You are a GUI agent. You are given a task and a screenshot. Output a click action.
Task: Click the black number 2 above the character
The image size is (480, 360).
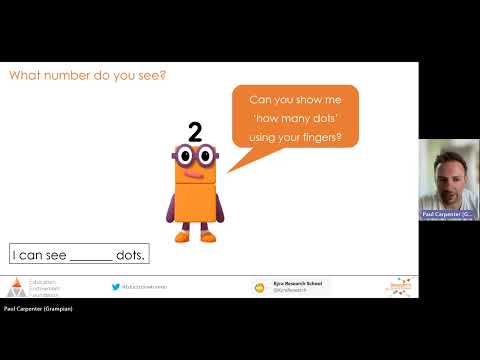[x=194, y=129]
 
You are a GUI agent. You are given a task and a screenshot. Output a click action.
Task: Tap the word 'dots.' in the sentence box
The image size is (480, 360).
[x=131, y=255]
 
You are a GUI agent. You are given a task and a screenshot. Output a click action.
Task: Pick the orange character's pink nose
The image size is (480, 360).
[x=194, y=169]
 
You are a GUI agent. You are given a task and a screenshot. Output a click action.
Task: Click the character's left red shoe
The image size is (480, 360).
[x=182, y=237]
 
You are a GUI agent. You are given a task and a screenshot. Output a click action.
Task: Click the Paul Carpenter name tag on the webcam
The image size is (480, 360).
[x=447, y=214]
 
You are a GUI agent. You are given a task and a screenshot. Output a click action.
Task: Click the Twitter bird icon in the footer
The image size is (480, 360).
[x=116, y=286]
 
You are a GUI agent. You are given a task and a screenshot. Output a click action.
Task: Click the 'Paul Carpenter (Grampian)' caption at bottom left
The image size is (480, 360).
[x=38, y=309]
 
